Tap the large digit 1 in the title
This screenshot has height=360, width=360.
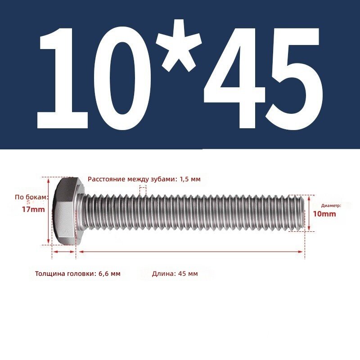[63, 78]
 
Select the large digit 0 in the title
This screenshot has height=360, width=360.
[122, 78]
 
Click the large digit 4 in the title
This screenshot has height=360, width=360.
[234, 78]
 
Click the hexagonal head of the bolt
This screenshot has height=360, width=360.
[67, 211]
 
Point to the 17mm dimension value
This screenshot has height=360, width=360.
[33, 209]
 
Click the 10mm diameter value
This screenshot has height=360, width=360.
[324, 214]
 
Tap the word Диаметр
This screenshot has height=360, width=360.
[331, 206]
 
